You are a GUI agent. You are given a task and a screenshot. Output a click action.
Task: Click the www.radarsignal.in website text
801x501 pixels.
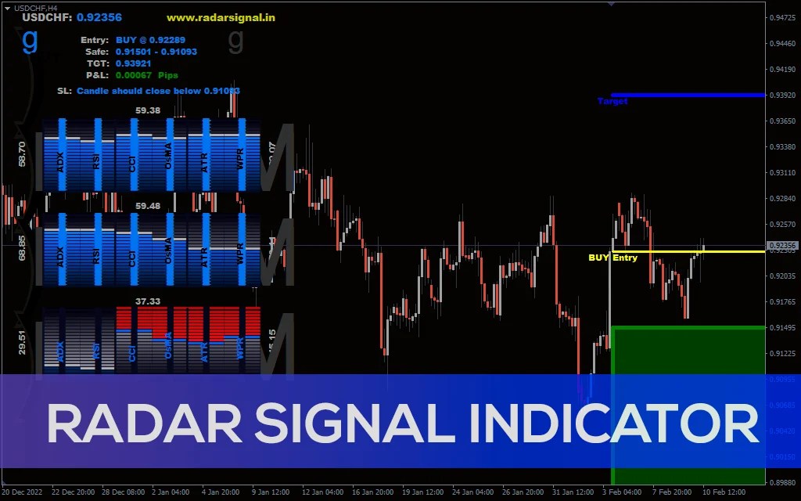pyautogui.click(x=221, y=17)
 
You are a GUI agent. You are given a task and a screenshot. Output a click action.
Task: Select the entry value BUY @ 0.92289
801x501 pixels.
pyautogui.click(x=150, y=40)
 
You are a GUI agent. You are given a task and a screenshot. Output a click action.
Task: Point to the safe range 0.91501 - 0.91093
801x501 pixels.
pyautogui.click(x=156, y=52)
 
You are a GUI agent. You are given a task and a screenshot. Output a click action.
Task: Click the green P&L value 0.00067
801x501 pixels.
pyautogui.click(x=133, y=75)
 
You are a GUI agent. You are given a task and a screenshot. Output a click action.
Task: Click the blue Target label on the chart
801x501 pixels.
pyautogui.click(x=612, y=101)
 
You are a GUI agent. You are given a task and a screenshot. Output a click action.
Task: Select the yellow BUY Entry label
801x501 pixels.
pyautogui.click(x=612, y=258)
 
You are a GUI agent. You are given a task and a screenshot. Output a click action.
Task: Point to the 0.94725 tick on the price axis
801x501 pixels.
pyautogui.click(x=782, y=17)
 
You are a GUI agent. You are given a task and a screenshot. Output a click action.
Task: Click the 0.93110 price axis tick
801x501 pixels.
pyautogui.click(x=782, y=172)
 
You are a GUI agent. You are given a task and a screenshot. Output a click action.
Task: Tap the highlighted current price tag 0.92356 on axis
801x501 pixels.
pyautogui.click(x=782, y=246)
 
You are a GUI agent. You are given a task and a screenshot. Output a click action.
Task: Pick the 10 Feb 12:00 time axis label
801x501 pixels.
pyautogui.click(x=724, y=492)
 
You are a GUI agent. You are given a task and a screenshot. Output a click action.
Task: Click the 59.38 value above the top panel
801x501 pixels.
pyautogui.click(x=148, y=110)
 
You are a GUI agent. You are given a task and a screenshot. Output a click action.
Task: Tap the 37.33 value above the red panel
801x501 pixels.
pyautogui.click(x=148, y=301)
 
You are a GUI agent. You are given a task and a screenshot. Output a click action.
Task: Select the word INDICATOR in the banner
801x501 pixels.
pyautogui.click(x=613, y=424)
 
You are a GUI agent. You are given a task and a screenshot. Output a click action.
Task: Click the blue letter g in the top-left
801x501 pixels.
pyautogui.click(x=30, y=39)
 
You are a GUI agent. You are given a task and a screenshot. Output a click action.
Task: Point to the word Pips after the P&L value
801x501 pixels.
pyautogui.click(x=168, y=75)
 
